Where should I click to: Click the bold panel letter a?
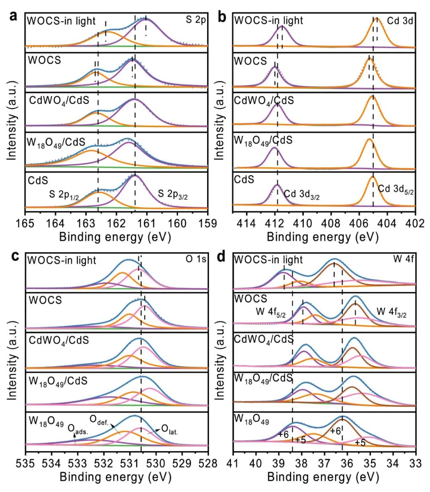14,16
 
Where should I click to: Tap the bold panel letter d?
221,257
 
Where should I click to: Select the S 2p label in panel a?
195,20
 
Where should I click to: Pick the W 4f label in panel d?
403,259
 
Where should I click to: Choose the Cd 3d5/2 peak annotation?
396,189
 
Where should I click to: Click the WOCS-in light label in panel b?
268,20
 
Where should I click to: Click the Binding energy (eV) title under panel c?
115,477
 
